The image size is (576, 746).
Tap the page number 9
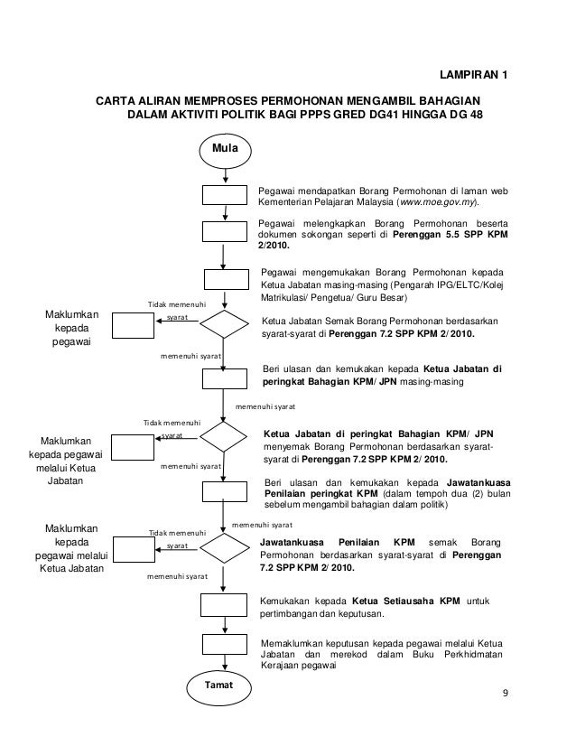pyautogui.click(x=506, y=694)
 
